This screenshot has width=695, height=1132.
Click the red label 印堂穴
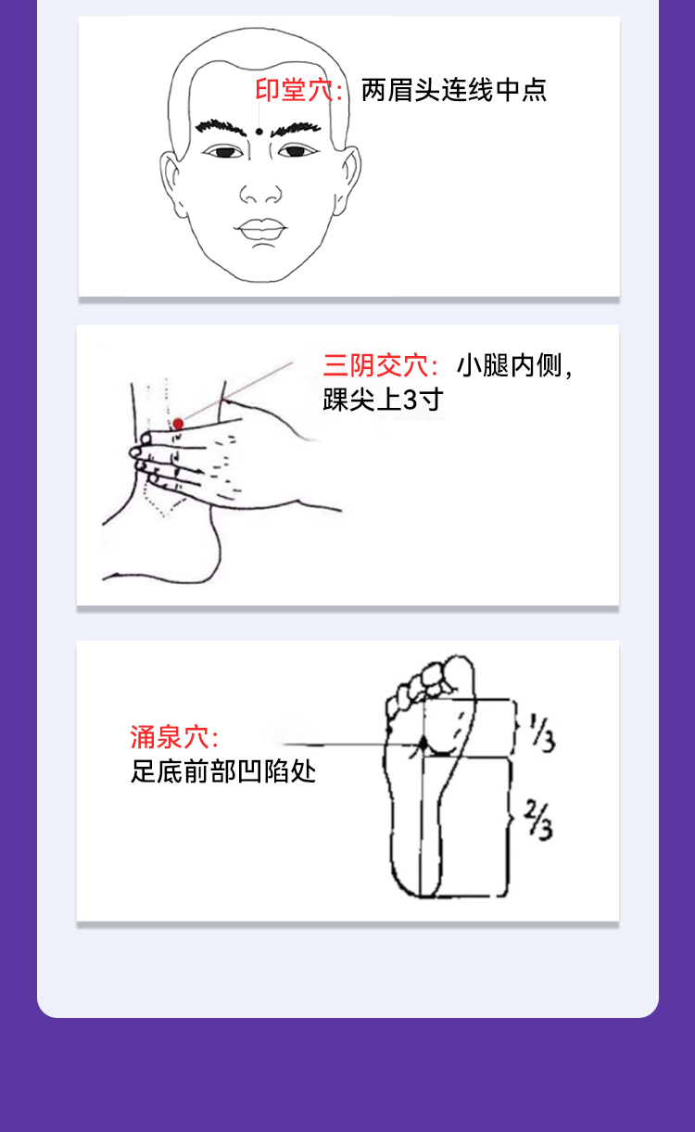294,90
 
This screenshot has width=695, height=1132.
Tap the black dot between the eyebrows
259,132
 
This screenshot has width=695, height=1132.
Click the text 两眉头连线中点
454,91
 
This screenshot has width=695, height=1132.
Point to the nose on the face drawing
260,193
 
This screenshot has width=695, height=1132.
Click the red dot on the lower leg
178,424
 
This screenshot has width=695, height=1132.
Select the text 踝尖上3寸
384,400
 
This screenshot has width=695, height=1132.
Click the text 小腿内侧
509,365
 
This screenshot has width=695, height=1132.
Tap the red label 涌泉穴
170,737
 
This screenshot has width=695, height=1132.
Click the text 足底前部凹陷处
223,771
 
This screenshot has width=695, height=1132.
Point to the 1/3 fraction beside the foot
542,732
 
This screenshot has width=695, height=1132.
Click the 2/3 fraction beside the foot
538,820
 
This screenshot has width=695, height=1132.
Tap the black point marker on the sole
423,744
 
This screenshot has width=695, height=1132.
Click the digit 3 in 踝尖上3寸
411,400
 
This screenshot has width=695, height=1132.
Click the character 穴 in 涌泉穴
196,737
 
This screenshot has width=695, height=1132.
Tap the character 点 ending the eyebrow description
535,91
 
